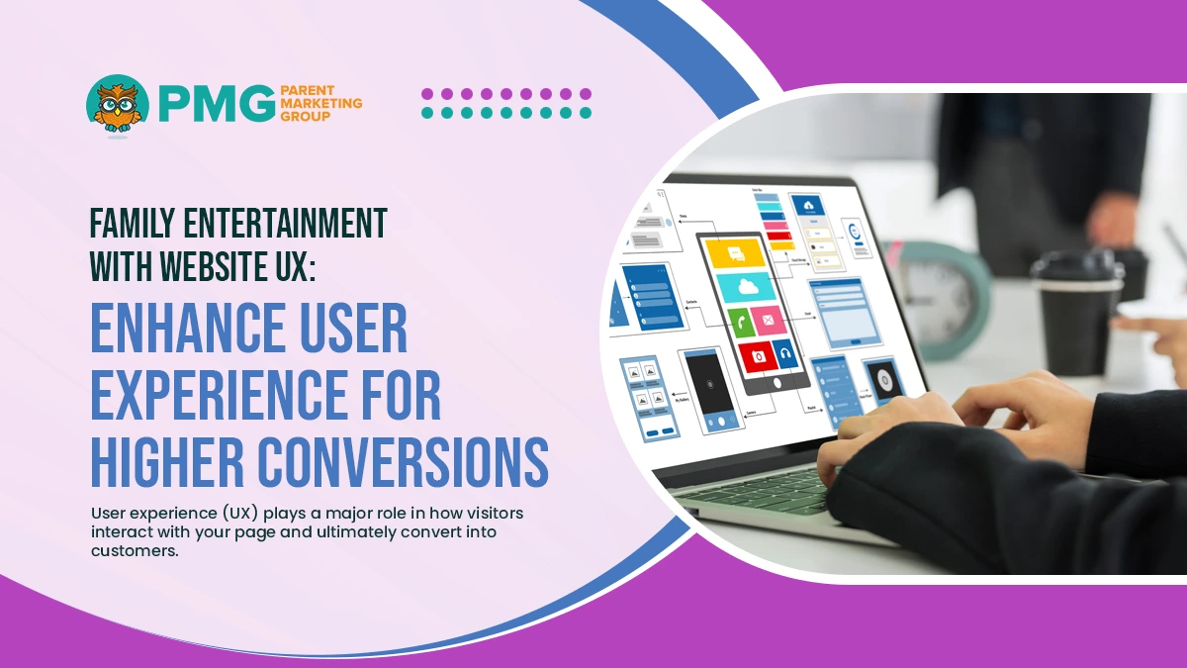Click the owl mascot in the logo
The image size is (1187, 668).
coord(118,105)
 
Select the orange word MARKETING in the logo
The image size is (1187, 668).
coord(321,102)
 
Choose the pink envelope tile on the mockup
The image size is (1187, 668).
coord(768,319)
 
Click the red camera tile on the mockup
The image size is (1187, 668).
coord(757,354)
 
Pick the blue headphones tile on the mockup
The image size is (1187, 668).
coord(785,351)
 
